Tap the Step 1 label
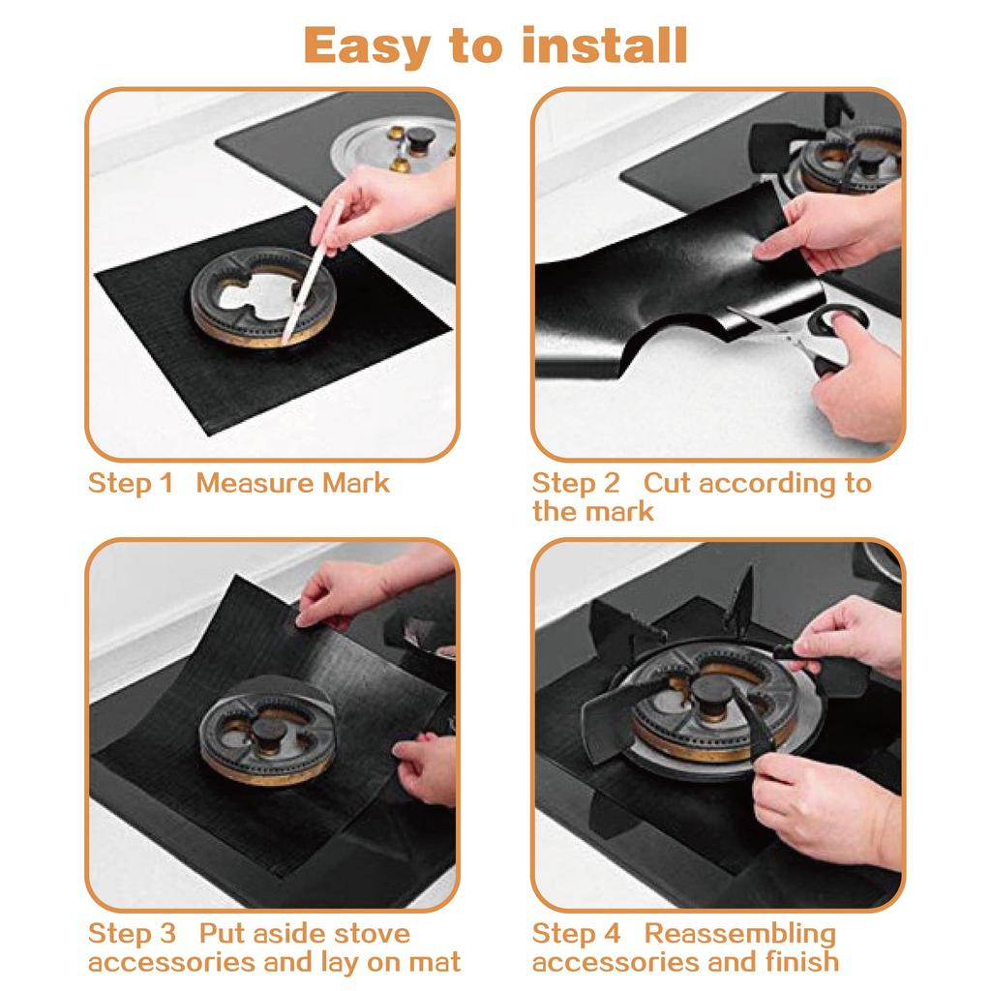point(130,483)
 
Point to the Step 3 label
point(132,934)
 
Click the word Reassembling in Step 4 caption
point(739,934)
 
